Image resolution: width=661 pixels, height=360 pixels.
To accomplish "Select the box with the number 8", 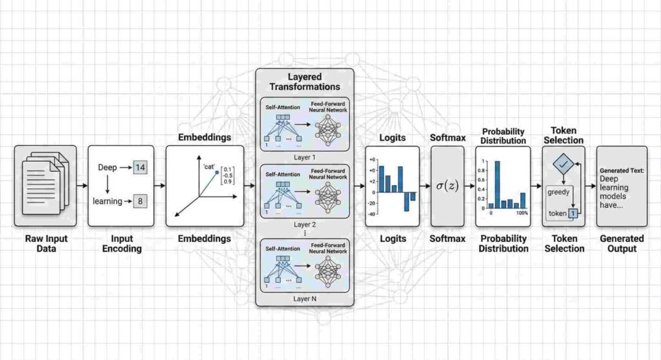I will tap(141, 201).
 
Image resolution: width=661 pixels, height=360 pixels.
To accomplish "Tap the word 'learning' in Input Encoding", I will tap(107, 201).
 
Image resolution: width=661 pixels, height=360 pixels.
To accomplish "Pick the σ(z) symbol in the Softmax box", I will tap(447, 186).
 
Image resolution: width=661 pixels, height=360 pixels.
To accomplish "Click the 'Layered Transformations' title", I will tap(305, 81).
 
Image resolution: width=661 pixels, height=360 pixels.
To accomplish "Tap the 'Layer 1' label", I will tap(305, 158).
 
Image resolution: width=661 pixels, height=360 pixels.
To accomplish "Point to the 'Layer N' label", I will tap(305, 299).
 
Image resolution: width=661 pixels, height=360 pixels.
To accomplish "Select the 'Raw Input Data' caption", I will tap(45, 243).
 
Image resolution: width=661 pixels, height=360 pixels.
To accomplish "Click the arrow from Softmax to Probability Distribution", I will tap(469, 186).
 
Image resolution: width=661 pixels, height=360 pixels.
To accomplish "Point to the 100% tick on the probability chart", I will tap(522, 213).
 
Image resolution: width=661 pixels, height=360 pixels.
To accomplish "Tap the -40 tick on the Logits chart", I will tap(372, 214).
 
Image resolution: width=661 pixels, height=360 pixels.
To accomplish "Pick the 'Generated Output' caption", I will tap(622, 243).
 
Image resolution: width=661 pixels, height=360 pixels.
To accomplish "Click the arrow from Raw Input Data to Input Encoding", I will tap(82, 186).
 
